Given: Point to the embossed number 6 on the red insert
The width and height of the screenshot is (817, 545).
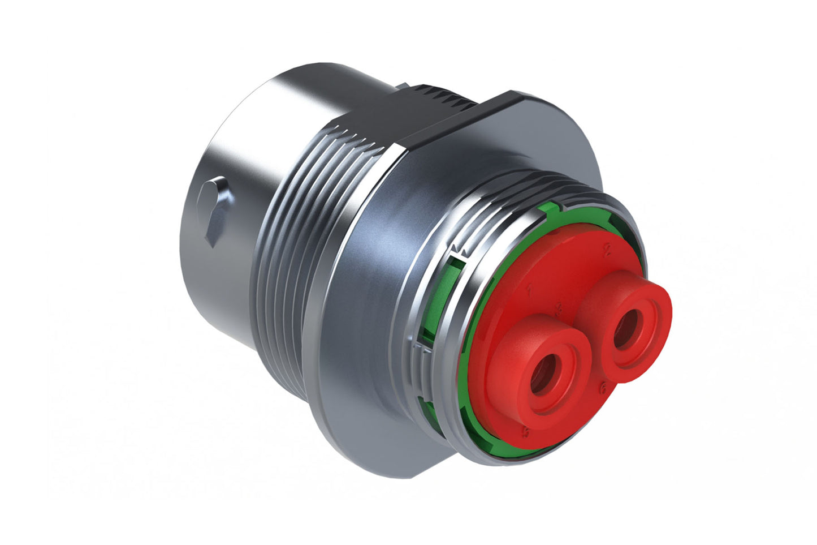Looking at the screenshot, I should [x=603, y=388].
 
